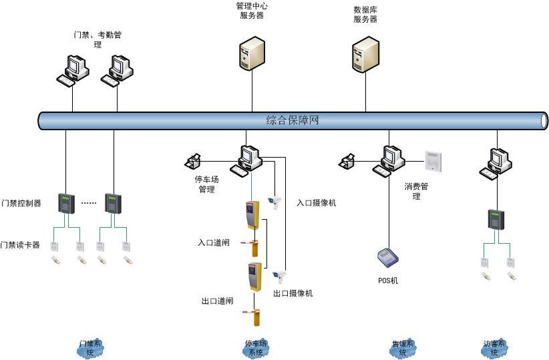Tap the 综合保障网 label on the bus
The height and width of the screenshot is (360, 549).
click(x=292, y=121)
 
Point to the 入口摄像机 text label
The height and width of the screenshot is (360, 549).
click(x=316, y=202)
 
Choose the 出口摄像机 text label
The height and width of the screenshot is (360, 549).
click(x=293, y=293)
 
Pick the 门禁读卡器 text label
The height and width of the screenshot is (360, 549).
click(x=21, y=245)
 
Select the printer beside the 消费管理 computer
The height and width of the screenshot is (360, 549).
click(x=347, y=161)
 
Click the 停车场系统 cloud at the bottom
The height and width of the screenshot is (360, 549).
click(x=256, y=348)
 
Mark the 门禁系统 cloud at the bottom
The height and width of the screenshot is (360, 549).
click(x=90, y=348)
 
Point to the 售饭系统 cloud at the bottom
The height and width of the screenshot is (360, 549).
click(x=403, y=348)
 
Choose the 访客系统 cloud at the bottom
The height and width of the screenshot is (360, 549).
click(x=495, y=348)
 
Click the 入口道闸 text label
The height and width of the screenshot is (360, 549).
click(x=214, y=242)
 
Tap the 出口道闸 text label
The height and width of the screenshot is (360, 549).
click(x=218, y=301)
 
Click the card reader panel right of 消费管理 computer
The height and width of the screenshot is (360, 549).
click(x=433, y=160)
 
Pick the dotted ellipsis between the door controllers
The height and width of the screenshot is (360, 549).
click(x=89, y=202)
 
